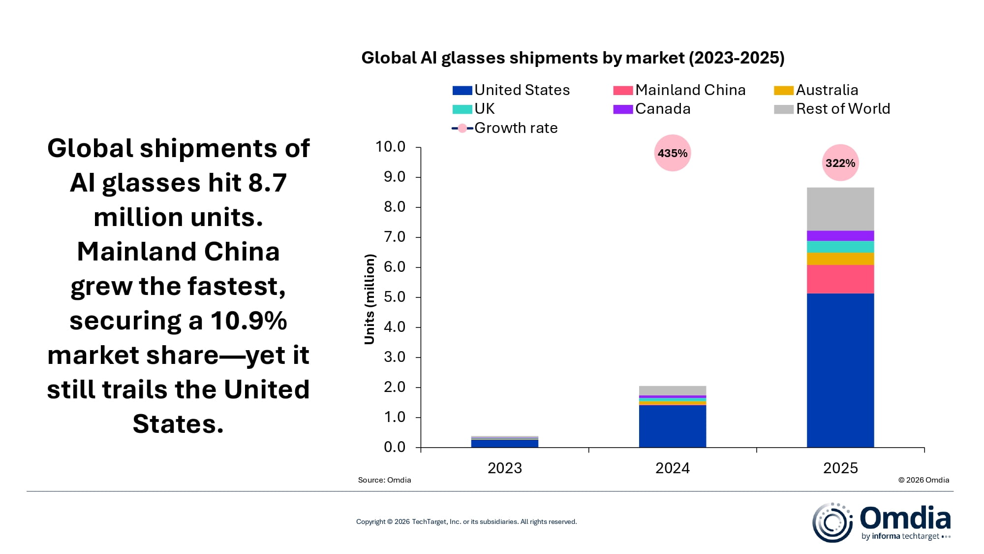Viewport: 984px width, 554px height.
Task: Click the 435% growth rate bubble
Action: (672, 153)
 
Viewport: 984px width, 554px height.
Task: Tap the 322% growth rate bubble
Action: (840, 163)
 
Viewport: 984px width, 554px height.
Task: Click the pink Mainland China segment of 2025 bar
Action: (840, 279)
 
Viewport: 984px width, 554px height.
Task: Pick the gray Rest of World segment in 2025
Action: (840, 209)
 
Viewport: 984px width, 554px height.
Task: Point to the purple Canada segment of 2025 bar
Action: (840, 235)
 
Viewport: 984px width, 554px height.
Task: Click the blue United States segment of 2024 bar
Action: (672, 426)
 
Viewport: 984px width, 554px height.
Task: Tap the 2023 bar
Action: (504, 442)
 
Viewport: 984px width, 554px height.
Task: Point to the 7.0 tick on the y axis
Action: (395, 237)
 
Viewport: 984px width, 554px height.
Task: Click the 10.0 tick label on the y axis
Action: (391, 147)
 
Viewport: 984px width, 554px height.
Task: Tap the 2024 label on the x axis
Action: (672, 468)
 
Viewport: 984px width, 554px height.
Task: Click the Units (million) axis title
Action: (369, 299)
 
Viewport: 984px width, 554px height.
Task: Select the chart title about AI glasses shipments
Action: (572, 58)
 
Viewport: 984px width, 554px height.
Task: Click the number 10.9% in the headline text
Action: (249, 321)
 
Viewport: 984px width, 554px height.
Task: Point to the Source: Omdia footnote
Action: (384, 480)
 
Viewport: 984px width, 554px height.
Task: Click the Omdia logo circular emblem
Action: (831, 522)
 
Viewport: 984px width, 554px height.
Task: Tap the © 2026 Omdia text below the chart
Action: (923, 480)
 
